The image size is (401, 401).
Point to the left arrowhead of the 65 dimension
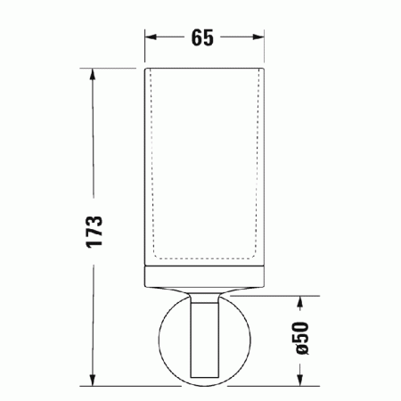coord(151,38)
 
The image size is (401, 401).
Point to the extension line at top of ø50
coord(276,296)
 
